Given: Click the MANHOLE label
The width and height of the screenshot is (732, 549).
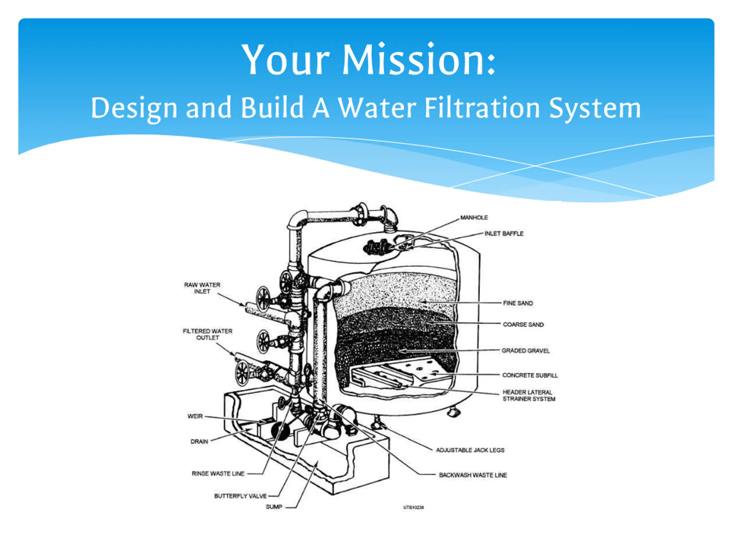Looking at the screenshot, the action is [x=474, y=217].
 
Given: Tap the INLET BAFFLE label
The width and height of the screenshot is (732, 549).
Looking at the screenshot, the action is [x=504, y=234].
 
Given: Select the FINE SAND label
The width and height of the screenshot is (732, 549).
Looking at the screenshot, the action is [x=518, y=303].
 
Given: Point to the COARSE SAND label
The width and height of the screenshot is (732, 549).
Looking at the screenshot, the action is [x=523, y=325].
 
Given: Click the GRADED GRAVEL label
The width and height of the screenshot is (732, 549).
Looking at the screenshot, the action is [x=525, y=351].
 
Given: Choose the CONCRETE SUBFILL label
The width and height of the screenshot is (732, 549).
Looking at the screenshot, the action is [x=530, y=375].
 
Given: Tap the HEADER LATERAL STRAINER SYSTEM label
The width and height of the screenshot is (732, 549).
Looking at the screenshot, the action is [x=528, y=395].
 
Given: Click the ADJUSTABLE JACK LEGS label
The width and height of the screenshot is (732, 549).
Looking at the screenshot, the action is [x=470, y=450].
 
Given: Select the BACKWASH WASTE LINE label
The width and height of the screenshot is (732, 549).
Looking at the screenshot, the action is [x=473, y=475].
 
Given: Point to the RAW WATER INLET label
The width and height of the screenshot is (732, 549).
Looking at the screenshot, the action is [x=202, y=288].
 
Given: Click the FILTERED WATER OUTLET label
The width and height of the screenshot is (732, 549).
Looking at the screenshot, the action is [x=208, y=334].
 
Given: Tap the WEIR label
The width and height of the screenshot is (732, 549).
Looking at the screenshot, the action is [x=195, y=416].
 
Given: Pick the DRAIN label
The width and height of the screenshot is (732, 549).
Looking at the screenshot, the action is [x=199, y=441].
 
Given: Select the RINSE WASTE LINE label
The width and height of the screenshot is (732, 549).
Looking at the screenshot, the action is [x=218, y=474].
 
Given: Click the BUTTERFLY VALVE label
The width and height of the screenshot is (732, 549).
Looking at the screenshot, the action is [x=240, y=496].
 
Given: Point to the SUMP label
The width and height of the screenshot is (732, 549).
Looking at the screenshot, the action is [x=274, y=507].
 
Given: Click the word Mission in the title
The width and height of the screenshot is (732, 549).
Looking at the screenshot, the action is [x=418, y=60].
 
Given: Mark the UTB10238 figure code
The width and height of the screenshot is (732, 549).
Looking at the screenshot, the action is [x=413, y=507].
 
